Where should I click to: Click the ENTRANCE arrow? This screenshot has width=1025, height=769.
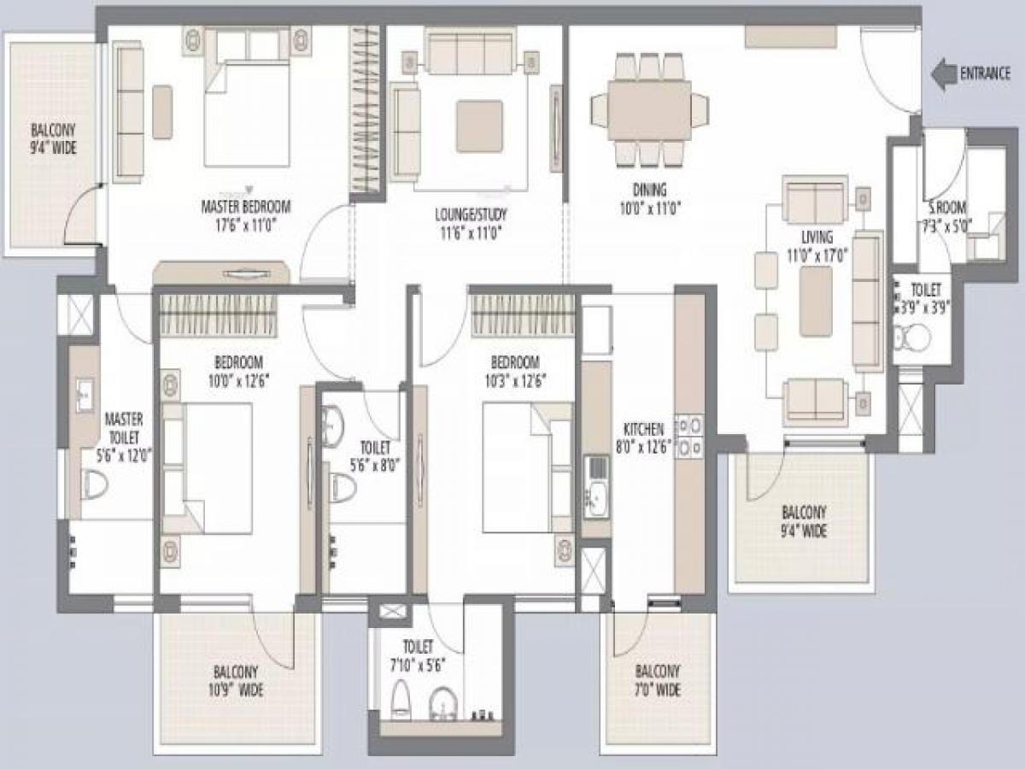(943, 74)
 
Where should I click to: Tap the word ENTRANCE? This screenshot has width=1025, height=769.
(985, 73)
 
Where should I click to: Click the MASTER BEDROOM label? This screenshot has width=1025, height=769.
(246, 206)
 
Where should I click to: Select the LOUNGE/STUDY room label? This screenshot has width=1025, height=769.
(466, 215)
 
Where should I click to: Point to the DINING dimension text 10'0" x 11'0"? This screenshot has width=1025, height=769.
(649, 207)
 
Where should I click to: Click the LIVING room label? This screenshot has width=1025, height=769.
(817, 237)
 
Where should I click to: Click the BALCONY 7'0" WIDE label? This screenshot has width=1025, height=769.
(657, 681)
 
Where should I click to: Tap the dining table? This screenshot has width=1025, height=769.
(649, 109)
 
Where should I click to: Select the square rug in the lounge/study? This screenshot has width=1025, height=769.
(479, 126)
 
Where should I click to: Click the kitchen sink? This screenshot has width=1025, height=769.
(596, 494)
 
